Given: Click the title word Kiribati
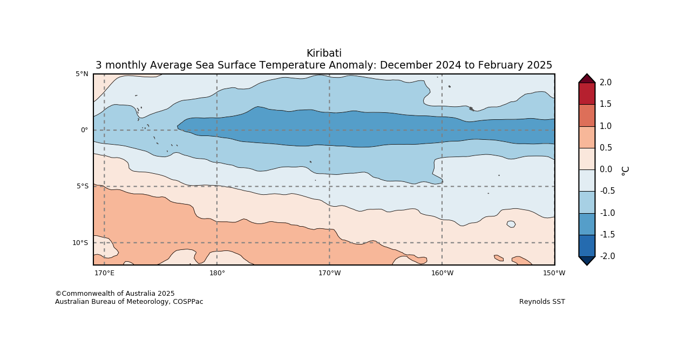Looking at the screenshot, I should (x=324, y=53).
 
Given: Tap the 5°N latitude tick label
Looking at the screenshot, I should (x=82, y=74).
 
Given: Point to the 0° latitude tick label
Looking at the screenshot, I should (x=84, y=130).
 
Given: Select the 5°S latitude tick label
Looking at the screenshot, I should (x=82, y=187).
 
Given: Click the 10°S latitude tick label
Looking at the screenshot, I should (x=80, y=243).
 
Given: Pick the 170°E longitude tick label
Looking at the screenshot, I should (x=104, y=273).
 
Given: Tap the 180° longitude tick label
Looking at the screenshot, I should (x=217, y=273).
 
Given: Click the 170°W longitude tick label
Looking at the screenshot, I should (x=329, y=273).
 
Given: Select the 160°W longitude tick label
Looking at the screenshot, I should (x=442, y=273).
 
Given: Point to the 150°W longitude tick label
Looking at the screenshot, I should (x=554, y=273).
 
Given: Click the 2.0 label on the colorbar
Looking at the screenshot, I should (x=605, y=83).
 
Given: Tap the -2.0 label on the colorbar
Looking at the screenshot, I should (x=607, y=256).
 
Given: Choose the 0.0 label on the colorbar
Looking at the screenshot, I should (x=605, y=169).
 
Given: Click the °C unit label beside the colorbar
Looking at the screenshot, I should (x=625, y=170).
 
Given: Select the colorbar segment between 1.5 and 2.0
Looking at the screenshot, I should (x=587, y=93).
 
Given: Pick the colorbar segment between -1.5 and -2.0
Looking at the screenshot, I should (x=587, y=246).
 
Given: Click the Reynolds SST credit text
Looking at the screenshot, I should (x=542, y=302).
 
